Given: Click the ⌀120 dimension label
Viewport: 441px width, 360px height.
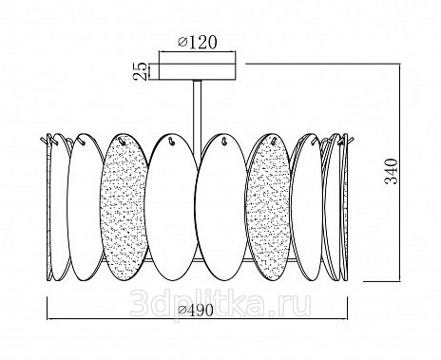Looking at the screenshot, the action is coord(198,43).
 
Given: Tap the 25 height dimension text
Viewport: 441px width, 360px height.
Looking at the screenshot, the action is coord(140,71).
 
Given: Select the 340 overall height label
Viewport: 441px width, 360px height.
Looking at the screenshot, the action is coord(391,171).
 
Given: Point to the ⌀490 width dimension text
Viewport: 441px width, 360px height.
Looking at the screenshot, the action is coord(196,311).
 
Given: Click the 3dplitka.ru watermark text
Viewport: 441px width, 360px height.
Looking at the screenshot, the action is coord(220,304).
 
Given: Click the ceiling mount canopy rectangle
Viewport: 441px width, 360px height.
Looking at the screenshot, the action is coord(198,71).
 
